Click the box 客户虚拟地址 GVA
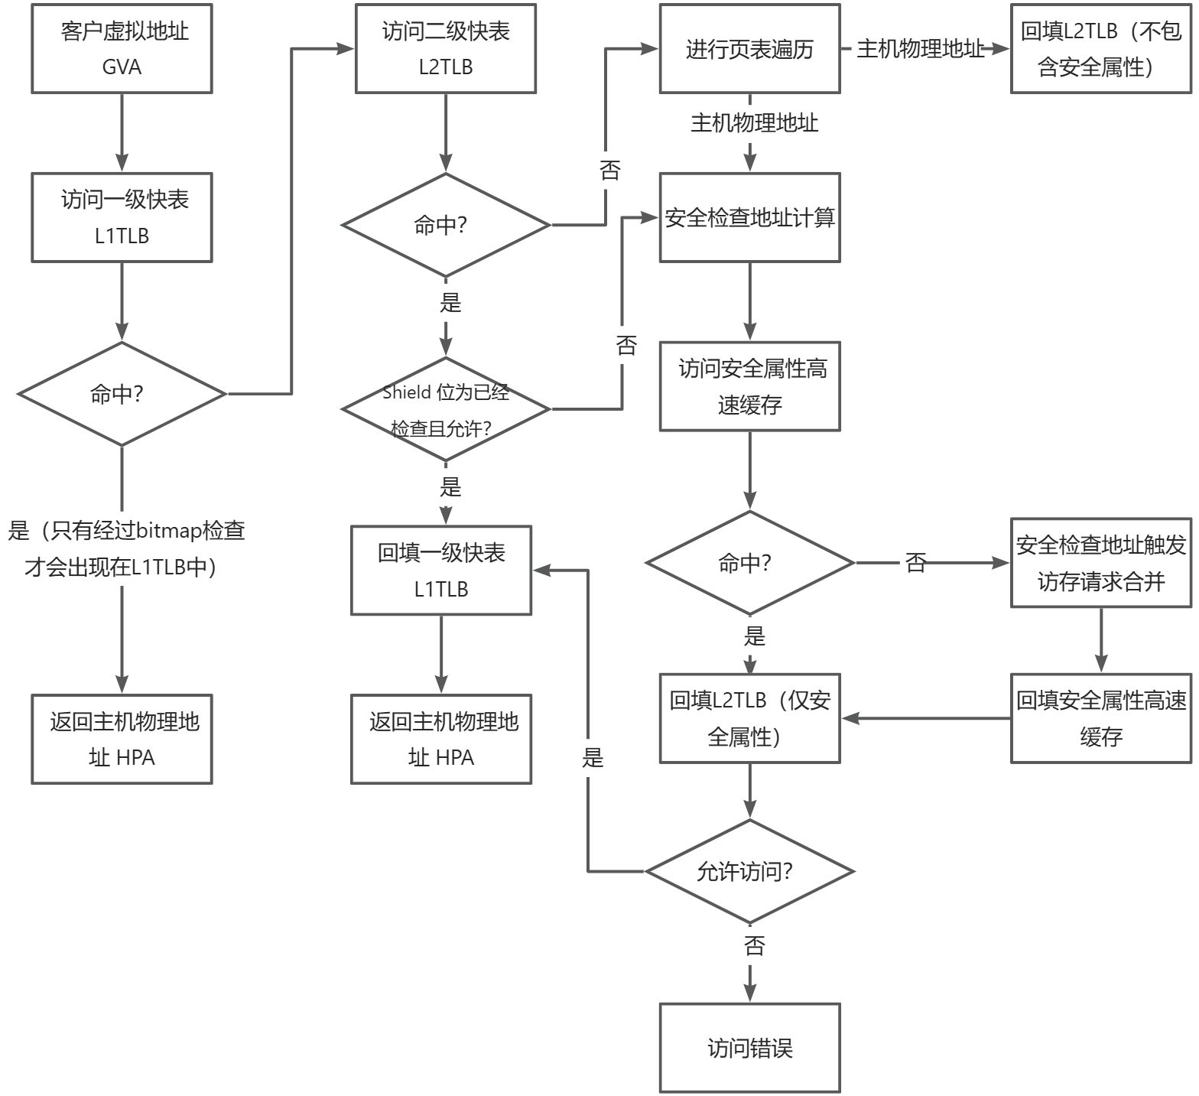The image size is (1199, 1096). (x=122, y=49)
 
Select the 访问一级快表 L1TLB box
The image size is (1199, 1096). (x=122, y=218)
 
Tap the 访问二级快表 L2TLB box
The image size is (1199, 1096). (x=446, y=49)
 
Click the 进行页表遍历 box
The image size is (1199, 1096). (x=749, y=49)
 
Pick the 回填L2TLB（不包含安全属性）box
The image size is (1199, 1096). (x=1100, y=49)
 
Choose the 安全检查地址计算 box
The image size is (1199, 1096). (x=749, y=218)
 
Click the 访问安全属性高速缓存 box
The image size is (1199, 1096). (x=749, y=387)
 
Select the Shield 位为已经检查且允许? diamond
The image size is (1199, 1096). (x=446, y=410)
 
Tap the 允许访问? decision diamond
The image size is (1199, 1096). (x=749, y=872)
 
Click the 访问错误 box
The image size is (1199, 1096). (x=749, y=1048)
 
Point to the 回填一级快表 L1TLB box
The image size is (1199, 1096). (x=441, y=571)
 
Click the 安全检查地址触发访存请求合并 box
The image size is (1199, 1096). (x=1100, y=563)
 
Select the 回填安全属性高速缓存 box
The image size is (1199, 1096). (x=1100, y=718)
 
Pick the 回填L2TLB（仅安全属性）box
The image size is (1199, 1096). (x=749, y=718)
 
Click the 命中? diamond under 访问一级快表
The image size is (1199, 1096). (x=122, y=394)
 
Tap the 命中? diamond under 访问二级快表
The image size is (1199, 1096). (x=446, y=226)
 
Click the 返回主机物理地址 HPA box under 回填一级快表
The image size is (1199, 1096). (x=441, y=739)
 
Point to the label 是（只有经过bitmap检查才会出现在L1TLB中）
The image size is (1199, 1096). (x=125, y=548)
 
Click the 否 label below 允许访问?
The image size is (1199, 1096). (x=754, y=946)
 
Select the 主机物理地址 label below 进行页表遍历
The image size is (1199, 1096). (x=754, y=122)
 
